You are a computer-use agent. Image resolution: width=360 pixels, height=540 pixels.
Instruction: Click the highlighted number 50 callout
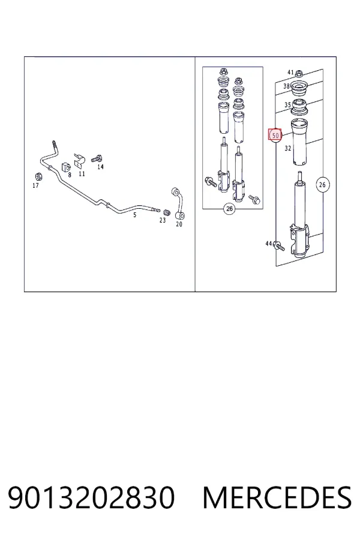pos(275,135)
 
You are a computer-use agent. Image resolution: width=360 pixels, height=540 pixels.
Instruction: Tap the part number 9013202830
pos(91,497)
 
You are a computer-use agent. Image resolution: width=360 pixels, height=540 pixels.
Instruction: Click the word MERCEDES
pos(277,497)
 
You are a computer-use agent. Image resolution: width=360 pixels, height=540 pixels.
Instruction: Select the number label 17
pos(35,185)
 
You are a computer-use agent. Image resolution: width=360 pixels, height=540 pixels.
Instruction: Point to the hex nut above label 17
pos(39,176)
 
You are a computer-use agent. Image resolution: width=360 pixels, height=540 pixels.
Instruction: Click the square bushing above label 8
pos(66,167)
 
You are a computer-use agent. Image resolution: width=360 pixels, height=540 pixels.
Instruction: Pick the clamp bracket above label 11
pos(80,161)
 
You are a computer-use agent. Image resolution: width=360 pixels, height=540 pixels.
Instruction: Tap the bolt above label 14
pos(97,159)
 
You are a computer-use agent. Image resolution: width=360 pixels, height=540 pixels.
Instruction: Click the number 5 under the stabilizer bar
pos(134,215)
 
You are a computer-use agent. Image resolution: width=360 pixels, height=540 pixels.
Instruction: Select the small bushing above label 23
pos(167,211)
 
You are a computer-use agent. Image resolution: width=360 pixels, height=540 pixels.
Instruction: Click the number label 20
pos(179,224)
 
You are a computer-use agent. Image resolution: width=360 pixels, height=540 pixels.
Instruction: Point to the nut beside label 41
pos(299,73)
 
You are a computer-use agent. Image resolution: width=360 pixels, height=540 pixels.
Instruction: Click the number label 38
pos(286,86)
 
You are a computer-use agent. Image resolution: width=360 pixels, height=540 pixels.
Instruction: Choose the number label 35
pos(287,104)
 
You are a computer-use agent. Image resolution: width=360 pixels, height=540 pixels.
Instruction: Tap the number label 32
pos(288,148)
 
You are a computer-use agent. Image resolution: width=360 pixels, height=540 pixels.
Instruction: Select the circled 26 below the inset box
pos(229,208)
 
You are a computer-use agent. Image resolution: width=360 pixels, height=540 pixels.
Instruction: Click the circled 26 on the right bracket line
pos(322,185)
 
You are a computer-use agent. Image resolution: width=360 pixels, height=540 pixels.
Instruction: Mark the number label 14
pos(100,167)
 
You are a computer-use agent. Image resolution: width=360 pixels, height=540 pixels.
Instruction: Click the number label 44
pos(269,244)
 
